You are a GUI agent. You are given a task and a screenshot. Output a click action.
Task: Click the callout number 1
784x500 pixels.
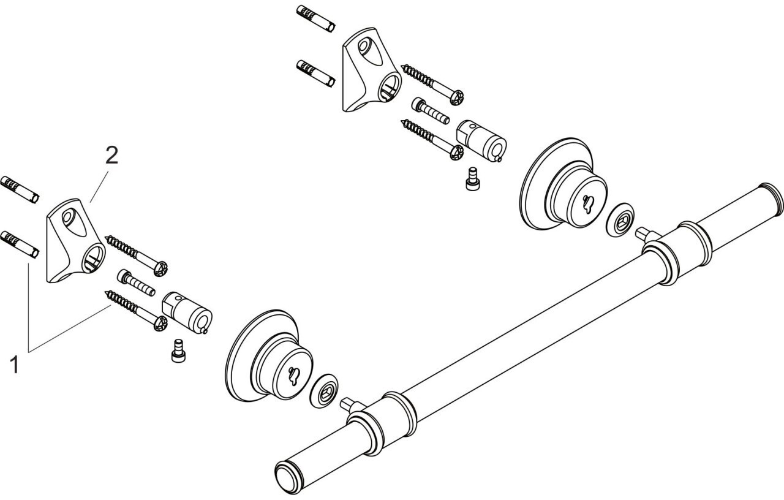[14, 365]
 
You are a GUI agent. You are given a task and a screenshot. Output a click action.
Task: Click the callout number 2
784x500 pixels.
[112, 156]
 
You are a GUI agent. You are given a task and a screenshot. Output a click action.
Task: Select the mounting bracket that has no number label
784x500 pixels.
[372, 70]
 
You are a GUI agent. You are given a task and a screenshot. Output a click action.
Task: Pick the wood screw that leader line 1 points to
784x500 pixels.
[137, 311]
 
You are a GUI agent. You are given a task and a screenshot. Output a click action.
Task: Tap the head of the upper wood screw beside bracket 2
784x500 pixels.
[161, 268]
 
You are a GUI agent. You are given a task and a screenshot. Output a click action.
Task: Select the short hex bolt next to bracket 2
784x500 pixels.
[137, 282]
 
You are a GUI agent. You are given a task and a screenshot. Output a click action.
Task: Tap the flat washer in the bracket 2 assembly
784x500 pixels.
[324, 392]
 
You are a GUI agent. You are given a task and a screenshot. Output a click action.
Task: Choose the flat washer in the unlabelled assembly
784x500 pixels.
[620, 219]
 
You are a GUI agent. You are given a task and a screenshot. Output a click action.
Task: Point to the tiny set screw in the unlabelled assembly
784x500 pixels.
[472, 178]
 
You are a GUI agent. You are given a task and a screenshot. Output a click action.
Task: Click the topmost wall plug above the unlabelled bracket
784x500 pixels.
[315, 19]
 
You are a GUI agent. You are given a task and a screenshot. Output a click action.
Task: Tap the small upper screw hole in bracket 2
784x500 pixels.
[68, 218]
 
